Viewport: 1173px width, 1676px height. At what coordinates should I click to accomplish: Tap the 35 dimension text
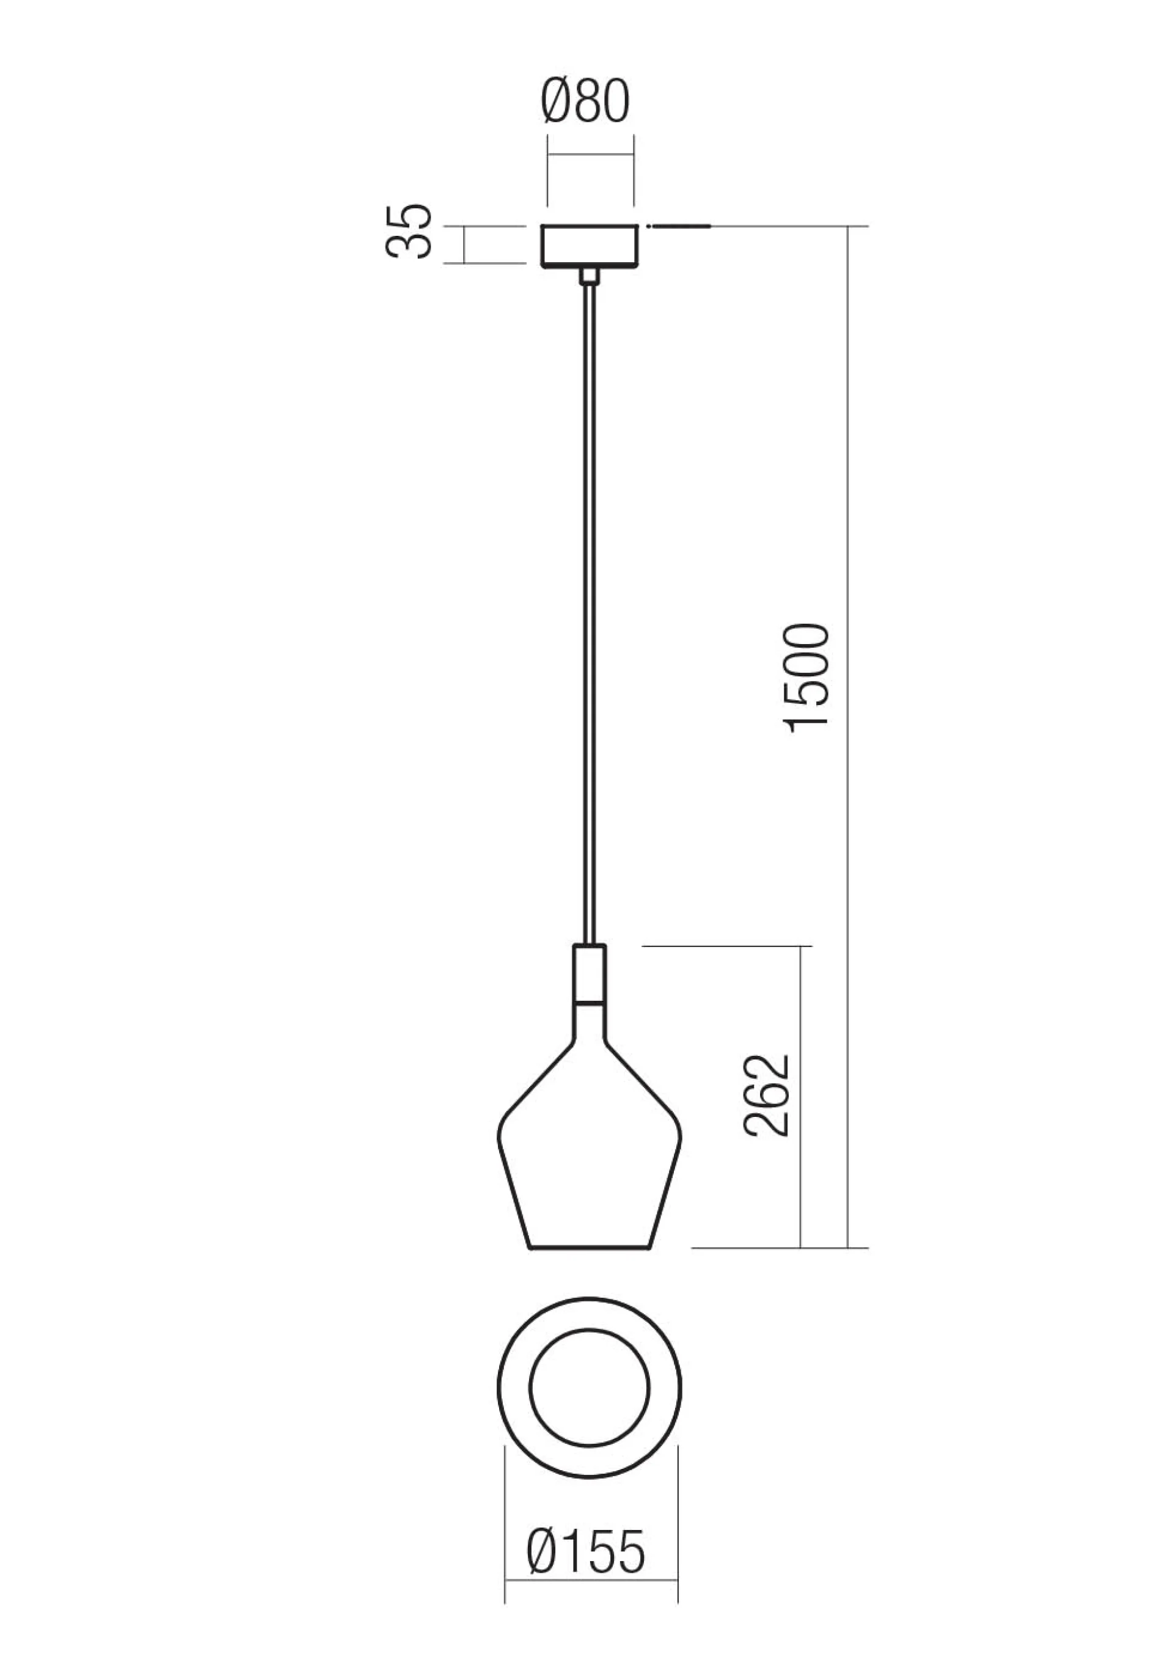[x=409, y=232]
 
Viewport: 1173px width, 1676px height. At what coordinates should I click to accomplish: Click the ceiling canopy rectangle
[x=590, y=246]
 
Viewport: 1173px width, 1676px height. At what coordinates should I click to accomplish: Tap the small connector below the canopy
[x=588, y=275]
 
